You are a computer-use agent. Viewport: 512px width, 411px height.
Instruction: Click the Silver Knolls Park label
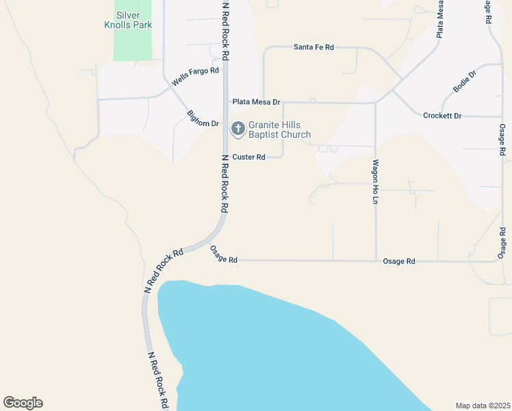pyautogui.click(x=133, y=20)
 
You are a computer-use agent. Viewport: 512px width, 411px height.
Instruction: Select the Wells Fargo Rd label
pyautogui.click(x=195, y=76)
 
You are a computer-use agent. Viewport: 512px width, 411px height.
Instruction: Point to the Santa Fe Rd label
pyautogui.click(x=313, y=47)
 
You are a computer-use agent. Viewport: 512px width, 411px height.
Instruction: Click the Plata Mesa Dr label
pyautogui.click(x=256, y=102)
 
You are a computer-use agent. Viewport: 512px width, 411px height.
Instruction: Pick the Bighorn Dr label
pyautogui.click(x=202, y=119)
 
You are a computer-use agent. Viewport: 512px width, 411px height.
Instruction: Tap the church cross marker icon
pyautogui.click(x=238, y=128)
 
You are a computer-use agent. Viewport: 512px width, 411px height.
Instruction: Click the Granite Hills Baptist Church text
pyautogui.click(x=279, y=129)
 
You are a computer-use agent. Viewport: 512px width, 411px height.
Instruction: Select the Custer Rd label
pyautogui.click(x=248, y=157)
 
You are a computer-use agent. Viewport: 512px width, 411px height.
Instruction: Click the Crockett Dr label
pyautogui.click(x=442, y=116)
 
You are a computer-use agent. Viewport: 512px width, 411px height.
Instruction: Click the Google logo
pyautogui.click(x=23, y=403)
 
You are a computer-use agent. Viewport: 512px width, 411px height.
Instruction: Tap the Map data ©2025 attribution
pyautogui.click(x=483, y=405)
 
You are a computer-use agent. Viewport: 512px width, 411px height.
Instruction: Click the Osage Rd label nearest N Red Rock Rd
pyautogui.click(x=223, y=255)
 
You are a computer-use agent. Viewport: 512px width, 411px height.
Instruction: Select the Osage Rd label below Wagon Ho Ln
pyautogui.click(x=399, y=262)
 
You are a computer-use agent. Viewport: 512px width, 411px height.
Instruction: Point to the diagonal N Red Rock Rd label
pyautogui.click(x=165, y=271)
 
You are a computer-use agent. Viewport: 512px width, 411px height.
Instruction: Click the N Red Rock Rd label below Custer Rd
pyautogui.click(x=224, y=182)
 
